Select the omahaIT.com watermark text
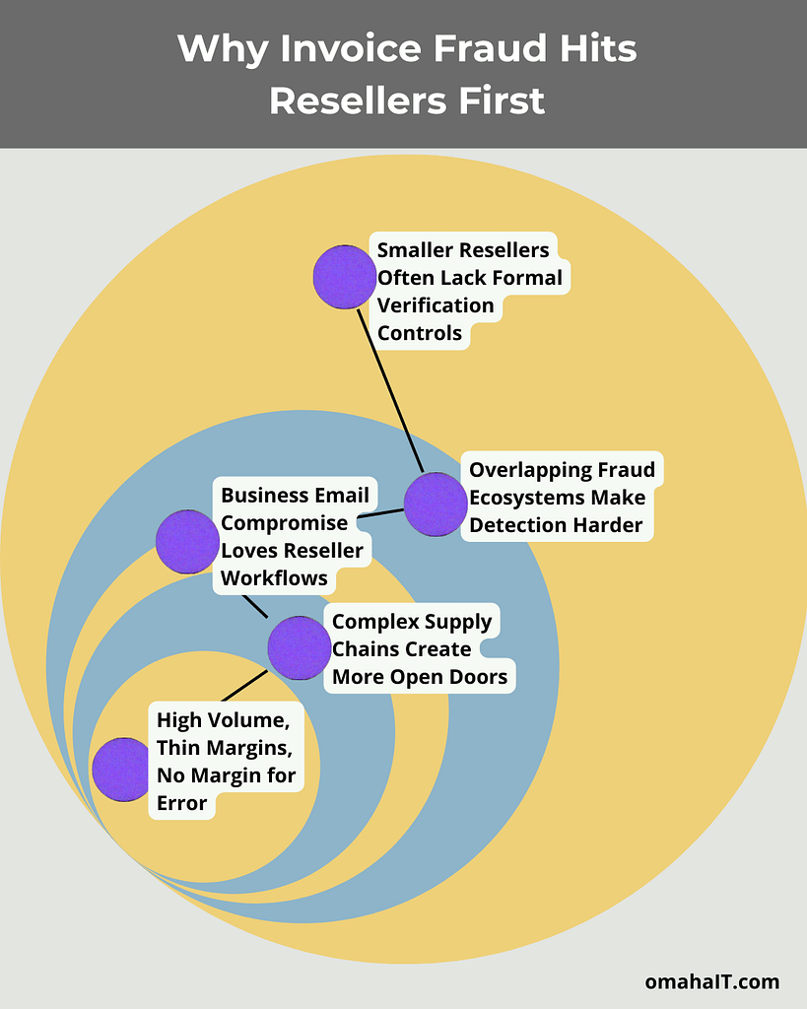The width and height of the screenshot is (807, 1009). [711, 981]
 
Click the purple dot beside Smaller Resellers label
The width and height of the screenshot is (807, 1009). [345, 277]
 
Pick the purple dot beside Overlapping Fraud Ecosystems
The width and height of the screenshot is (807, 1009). [436, 504]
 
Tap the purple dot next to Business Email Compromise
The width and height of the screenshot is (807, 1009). [187, 542]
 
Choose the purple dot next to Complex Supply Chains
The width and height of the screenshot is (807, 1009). [300, 648]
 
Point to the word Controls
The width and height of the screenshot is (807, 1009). [420, 333]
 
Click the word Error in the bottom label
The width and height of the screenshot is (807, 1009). [182, 803]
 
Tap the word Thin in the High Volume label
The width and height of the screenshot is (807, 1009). [178, 748]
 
